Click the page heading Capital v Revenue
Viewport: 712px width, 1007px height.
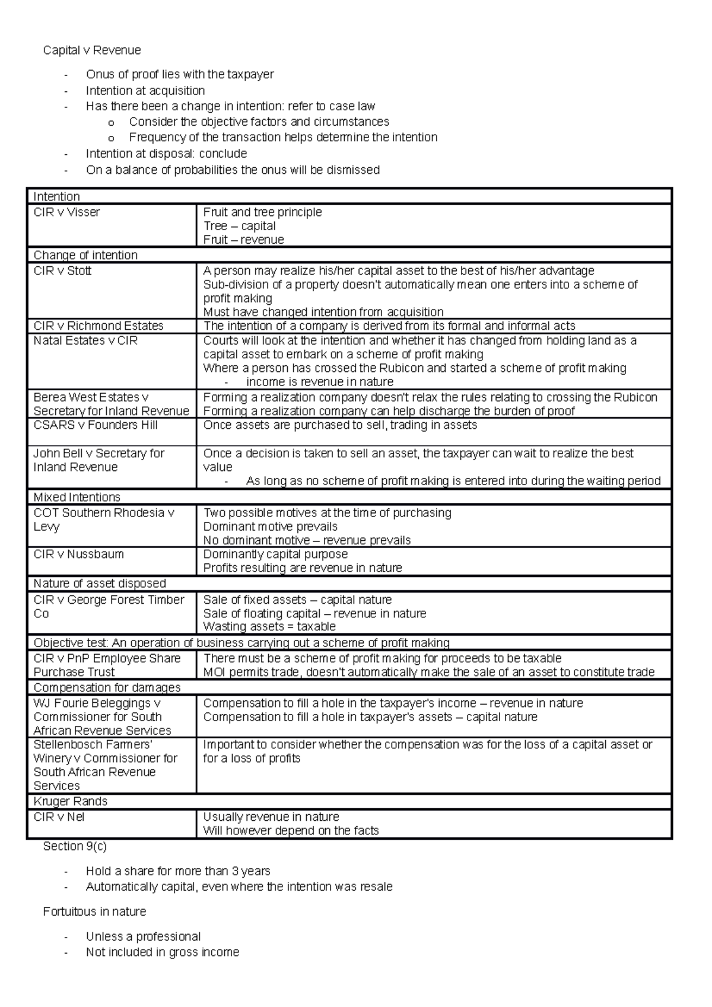coord(92,50)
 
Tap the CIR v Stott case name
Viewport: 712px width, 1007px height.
coord(62,271)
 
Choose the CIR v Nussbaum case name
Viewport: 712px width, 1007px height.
coord(79,554)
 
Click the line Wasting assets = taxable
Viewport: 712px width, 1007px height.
coord(269,627)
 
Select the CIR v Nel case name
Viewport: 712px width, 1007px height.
coord(59,817)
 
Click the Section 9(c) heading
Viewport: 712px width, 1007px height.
coord(75,846)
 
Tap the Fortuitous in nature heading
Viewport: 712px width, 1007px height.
coord(94,912)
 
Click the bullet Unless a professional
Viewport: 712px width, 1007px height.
coord(143,936)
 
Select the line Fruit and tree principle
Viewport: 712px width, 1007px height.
coord(262,212)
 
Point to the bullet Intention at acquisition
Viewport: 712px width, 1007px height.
coord(145,91)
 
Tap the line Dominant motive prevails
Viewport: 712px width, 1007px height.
coord(270,527)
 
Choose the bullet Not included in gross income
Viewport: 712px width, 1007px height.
coord(163,952)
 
